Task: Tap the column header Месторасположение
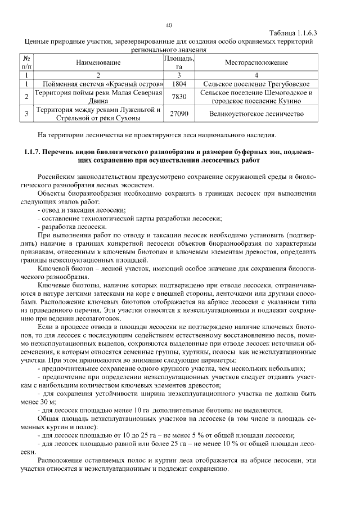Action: point(256,62)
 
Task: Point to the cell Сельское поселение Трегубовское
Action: point(256,84)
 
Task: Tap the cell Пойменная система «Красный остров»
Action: point(98,84)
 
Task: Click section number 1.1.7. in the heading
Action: point(35,152)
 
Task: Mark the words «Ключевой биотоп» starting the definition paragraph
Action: point(63,269)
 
